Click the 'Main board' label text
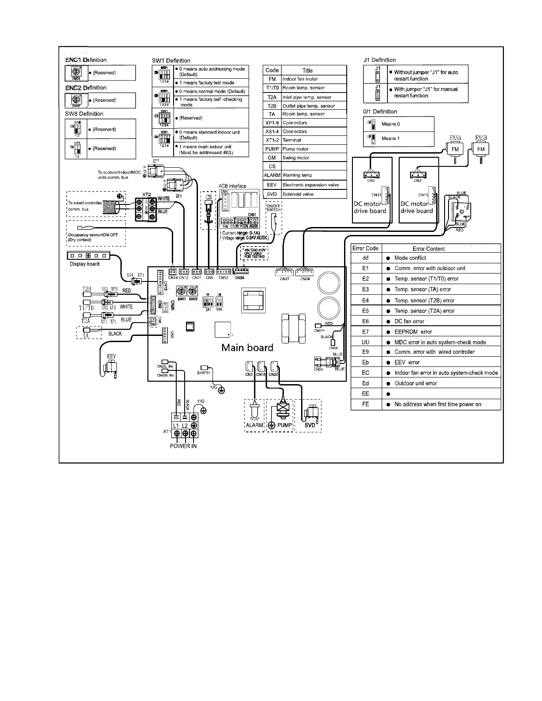click(247, 347)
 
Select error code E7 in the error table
click(365, 331)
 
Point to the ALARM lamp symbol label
click(255, 425)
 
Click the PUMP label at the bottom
click(285, 425)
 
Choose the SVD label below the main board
click(310, 425)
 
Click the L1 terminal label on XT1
click(176, 425)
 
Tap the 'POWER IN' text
click(183, 446)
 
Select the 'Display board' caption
click(85, 264)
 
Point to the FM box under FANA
click(455, 149)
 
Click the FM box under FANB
click(481, 149)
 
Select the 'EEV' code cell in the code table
click(272, 185)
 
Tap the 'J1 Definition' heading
click(379, 60)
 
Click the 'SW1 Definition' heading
click(171, 61)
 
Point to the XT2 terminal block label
click(147, 194)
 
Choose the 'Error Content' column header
click(429, 249)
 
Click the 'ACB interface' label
click(232, 186)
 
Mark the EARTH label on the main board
click(203, 373)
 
